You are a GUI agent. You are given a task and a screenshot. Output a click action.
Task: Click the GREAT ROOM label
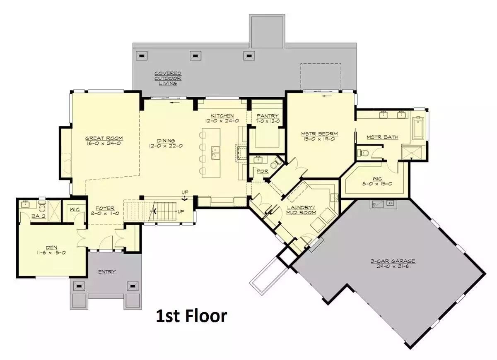104,138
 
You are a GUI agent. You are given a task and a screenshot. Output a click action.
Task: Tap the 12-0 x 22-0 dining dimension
166,146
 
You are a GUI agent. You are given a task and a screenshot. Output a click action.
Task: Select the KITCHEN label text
222,116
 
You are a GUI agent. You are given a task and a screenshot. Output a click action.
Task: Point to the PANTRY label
268,116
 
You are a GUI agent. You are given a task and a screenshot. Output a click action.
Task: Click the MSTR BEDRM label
319,134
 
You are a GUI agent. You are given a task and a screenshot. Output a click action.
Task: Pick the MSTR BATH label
383,137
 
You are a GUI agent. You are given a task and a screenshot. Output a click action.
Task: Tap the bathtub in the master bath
418,128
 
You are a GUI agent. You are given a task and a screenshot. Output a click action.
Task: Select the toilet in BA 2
42,207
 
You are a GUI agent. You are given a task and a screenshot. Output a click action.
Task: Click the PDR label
263,171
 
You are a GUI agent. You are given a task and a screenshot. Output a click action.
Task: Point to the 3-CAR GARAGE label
393,261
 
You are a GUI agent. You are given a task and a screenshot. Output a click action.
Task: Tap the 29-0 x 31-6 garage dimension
393,266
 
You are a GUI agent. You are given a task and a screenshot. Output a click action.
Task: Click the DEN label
51,247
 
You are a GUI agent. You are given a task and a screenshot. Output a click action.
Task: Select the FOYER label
105,209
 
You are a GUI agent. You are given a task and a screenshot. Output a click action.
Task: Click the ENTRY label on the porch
107,272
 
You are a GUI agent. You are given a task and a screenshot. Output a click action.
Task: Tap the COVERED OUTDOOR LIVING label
168,78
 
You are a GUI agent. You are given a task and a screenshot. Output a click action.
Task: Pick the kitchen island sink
215,153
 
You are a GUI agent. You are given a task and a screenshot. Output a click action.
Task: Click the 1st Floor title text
192,316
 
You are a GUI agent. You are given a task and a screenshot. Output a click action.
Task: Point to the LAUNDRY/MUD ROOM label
301,210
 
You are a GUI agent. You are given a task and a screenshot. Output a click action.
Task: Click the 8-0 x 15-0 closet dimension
377,184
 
